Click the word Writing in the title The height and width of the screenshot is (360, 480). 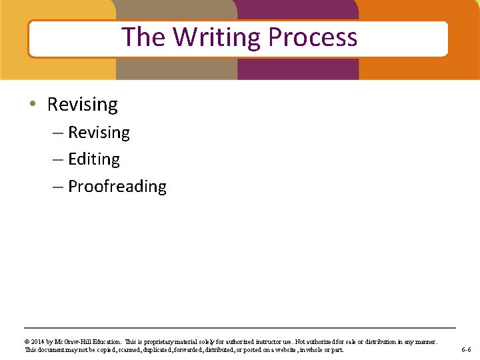coord(217,37)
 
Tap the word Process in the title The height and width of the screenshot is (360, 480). coord(313,37)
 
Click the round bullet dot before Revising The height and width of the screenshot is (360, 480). coord(33,105)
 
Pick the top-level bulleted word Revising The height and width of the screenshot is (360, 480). coord(82,105)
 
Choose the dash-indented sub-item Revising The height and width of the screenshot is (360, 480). coord(99,133)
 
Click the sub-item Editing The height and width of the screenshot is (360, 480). coord(94,159)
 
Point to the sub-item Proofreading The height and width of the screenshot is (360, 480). coord(117,186)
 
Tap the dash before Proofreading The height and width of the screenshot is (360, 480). coord(58,187)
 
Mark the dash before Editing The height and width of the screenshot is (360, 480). coord(58,160)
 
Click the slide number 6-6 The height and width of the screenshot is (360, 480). coord(466,350)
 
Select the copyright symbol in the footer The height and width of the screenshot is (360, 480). coord(28,342)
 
